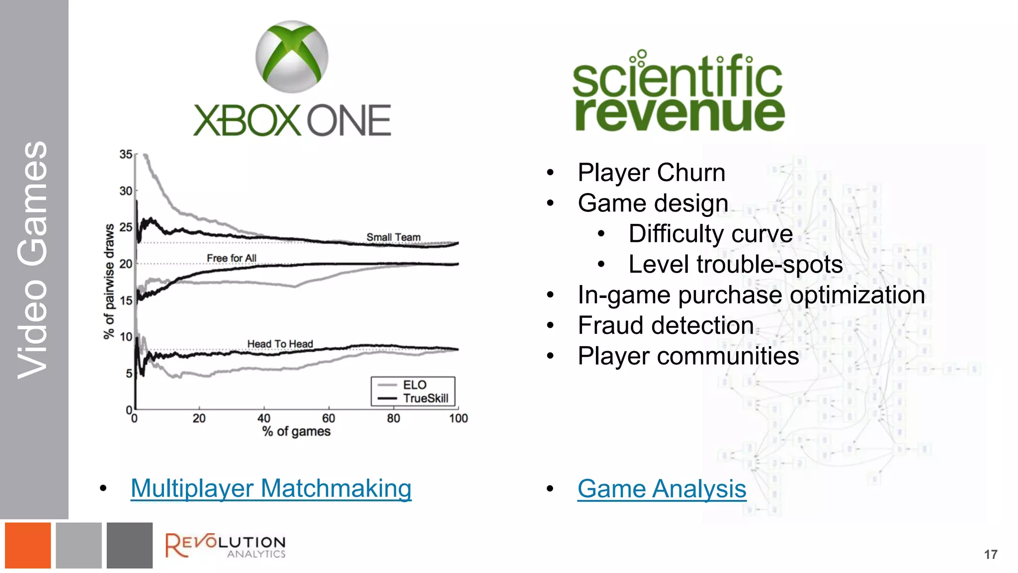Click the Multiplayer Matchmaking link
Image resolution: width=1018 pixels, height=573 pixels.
[271, 488]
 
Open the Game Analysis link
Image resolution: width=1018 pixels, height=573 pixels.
[662, 488]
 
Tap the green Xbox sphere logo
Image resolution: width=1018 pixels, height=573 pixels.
[292, 56]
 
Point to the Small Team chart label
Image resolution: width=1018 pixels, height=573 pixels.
[393, 237]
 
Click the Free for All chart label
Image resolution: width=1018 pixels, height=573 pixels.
[232, 258]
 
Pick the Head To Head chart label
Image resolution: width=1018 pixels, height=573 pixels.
[280, 344]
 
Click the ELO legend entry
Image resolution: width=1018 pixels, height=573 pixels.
[414, 385]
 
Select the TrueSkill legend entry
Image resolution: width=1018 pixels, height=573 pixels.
[425, 398]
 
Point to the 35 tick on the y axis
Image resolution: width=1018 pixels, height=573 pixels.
[126, 155]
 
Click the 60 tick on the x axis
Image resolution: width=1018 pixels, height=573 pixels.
[329, 418]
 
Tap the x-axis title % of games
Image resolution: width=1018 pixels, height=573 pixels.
[296, 431]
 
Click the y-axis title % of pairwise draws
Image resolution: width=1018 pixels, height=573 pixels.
[109, 281]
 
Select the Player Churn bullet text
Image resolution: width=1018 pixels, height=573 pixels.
[651, 173]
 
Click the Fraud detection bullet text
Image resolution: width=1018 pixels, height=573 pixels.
[666, 325]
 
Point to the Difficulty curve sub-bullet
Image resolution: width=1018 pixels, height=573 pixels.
[710, 234]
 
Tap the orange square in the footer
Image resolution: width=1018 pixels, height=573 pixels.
[28, 545]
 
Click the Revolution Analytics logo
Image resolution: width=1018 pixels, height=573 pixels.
[225, 546]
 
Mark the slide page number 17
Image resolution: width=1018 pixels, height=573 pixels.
[990, 555]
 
